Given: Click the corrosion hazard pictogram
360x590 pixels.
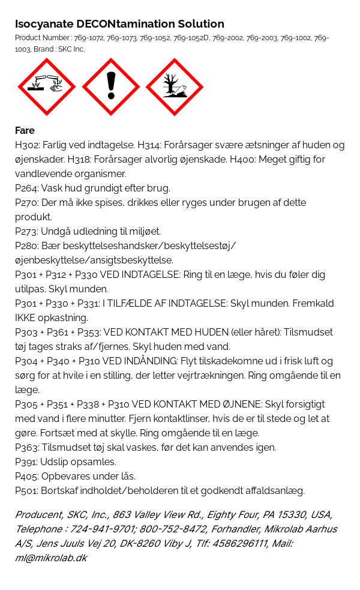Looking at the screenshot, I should pyautogui.click(x=47, y=87).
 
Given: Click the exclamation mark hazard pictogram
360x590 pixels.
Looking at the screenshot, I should pyautogui.click(x=111, y=87).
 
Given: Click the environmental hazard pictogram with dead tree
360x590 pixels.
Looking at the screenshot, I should pyautogui.click(x=175, y=87).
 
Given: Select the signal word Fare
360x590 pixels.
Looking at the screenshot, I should pyautogui.click(x=25, y=130).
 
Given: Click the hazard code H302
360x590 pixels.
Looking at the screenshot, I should pyautogui.click(x=26, y=145).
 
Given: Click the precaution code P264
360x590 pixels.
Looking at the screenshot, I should pyautogui.click(x=26, y=188).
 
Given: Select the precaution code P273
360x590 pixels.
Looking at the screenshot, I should pyautogui.click(x=26, y=232).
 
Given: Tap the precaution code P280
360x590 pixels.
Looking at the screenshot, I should pyautogui.click(x=26, y=246).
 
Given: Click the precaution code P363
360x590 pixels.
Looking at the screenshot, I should pyautogui.click(x=26, y=448).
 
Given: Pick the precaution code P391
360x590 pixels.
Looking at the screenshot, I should pyautogui.click(x=26, y=462).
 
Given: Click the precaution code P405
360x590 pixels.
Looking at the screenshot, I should pyautogui.click(x=26, y=477).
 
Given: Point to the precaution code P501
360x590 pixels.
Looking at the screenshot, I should pyautogui.click(x=26, y=491).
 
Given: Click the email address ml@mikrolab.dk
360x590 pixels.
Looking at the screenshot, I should pyautogui.click(x=51, y=558).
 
